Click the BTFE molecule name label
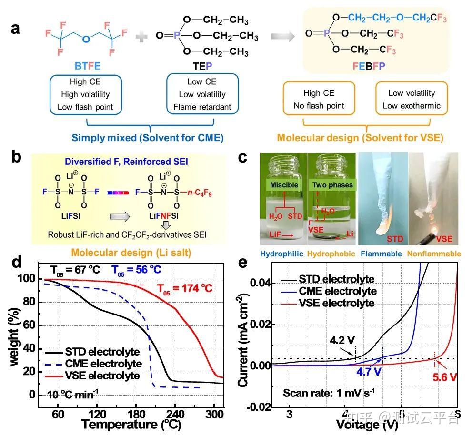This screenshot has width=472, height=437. (x=84, y=65)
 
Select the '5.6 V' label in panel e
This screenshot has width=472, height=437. (x=445, y=377)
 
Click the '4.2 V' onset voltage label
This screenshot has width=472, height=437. (x=342, y=340)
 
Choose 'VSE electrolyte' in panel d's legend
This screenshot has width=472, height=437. (x=107, y=376)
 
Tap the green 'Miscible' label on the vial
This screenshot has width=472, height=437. (x=284, y=184)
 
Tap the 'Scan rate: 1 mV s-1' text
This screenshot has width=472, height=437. (x=329, y=393)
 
